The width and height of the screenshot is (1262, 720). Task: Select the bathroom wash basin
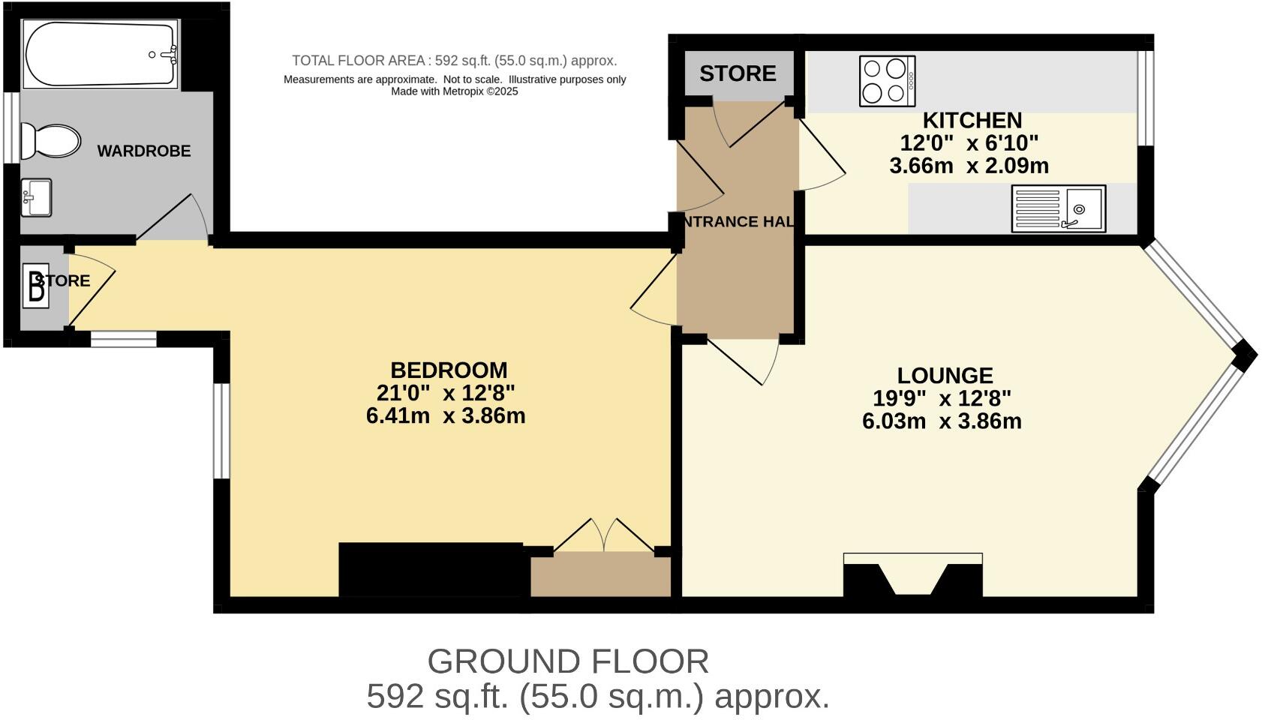[x=36, y=197]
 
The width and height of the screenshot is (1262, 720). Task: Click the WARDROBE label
[x=144, y=151]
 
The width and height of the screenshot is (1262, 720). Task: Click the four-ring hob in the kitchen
[x=887, y=81]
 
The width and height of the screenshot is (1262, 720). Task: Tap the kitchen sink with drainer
[x=1058, y=208]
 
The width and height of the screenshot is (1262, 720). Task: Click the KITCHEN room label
[x=972, y=120]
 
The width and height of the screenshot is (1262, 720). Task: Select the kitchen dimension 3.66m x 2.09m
[x=969, y=166]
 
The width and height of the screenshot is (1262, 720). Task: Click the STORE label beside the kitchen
[x=738, y=73]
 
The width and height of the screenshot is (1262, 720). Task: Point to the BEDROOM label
[x=449, y=370]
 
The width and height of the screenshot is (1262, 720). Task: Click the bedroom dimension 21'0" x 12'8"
[x=445, y=392]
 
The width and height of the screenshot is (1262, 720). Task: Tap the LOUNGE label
[x=945, y=375]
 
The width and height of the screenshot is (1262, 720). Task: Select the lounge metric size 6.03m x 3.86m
[x=942, y=421]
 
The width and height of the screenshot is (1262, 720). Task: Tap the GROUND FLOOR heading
[x=568, y=661]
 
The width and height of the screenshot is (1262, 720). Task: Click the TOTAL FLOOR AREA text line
[x=454, y=61]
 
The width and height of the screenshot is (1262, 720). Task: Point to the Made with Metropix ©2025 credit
[x=454, y=91]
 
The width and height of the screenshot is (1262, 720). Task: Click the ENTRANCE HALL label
[x=737, y=221]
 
